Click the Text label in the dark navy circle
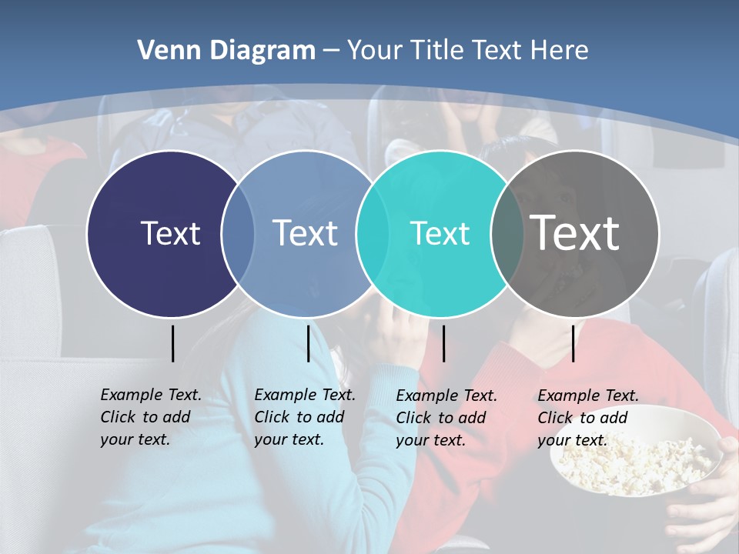(170, 233)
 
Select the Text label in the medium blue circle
(306, 233)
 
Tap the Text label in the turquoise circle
(440, 233)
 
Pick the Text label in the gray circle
(575, 233)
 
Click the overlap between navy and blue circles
(238, 233)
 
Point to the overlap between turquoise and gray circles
(507, 233)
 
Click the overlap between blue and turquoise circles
(371, 233)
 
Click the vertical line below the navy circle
(172, 343)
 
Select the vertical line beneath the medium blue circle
(308, 343)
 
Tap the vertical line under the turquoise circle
(443, 343)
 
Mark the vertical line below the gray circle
(573, 343)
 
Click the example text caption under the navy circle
(150, 417)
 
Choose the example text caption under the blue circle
(304, 417)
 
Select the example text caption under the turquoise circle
(446, 418)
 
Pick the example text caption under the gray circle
(587, 418)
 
